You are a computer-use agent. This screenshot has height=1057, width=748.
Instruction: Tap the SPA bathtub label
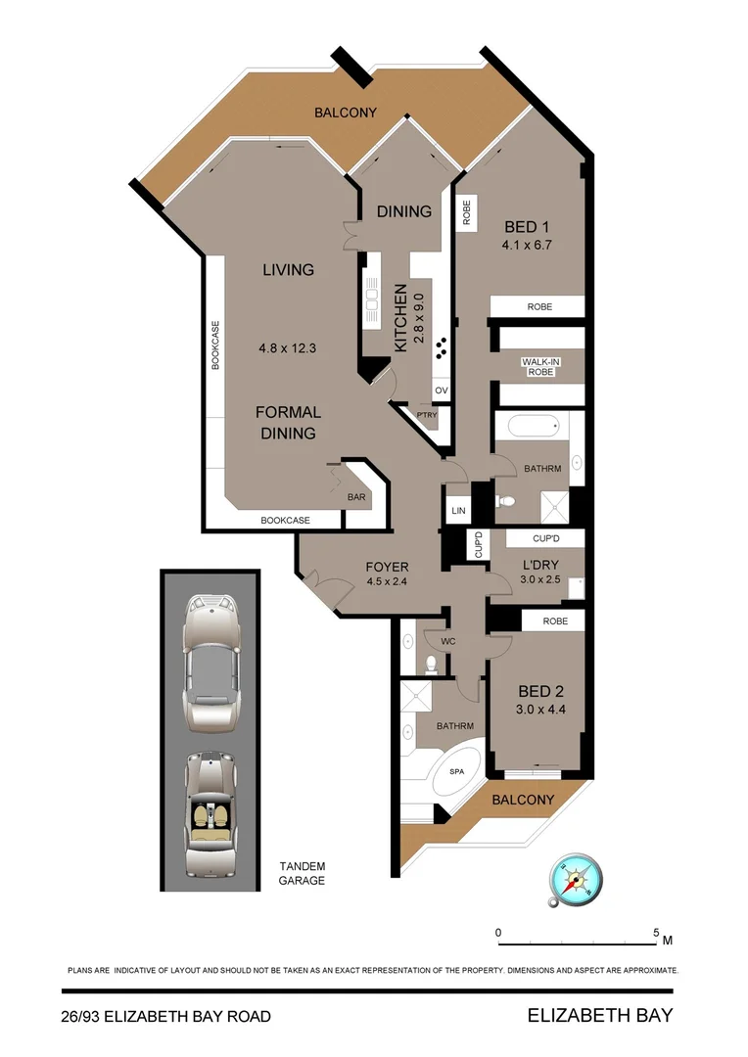click(456, 772)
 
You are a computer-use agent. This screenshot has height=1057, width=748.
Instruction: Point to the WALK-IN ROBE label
click(539, 367)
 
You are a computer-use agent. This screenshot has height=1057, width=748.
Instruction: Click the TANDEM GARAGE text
click(302, 873)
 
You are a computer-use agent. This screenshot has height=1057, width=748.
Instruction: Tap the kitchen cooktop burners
click(442, 346)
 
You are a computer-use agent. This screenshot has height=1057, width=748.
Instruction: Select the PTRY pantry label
click(427, 414)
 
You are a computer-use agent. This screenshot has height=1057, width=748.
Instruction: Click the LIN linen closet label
click(457, 511)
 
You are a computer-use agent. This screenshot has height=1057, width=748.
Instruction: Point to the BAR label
click(356, 498)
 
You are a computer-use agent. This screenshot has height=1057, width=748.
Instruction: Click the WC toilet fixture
click(433, 665)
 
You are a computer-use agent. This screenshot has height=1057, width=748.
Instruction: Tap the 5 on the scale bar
click(656, 932)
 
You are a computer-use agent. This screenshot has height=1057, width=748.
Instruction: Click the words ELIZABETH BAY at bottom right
click(600, 1015)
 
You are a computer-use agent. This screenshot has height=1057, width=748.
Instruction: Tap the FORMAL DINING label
click(288, 422)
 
